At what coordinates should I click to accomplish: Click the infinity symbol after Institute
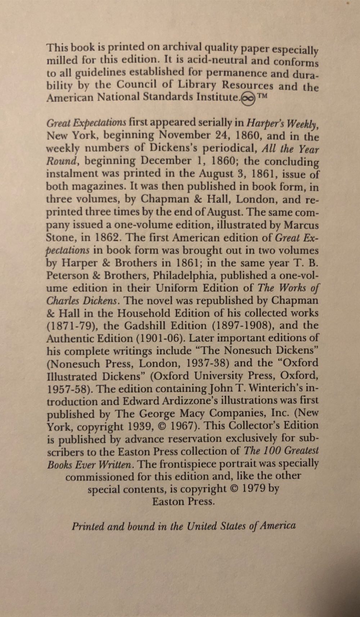click(248, 98)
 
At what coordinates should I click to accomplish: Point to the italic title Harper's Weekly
click(282, 123)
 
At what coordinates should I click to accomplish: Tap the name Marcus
click(301, 225)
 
